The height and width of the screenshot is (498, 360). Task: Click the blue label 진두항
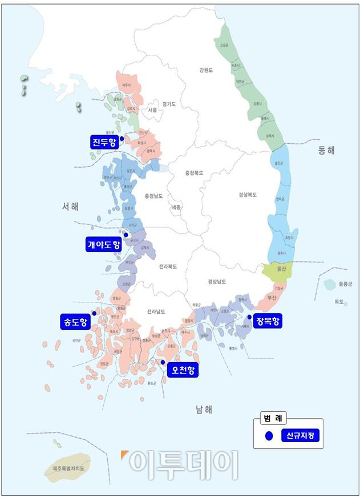pyautogui.click(x=103, y=141)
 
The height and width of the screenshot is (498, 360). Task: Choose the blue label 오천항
pyautogui.click(x=183, y=371)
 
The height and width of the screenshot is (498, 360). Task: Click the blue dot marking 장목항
pyautogui.click(x=249, y=317)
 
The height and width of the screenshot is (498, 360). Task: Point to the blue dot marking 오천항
pyautogui.click(x=163, y=362)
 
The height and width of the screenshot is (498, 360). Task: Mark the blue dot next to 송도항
pyautogui.click(x=94, y=313)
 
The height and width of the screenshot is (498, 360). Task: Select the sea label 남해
pyautogui.click(x=204, y=409)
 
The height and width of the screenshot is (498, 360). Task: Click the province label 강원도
pyautogui.click(x=205, y=71)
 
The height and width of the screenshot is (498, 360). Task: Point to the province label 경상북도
pyautogui.click(x=248, y=195)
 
